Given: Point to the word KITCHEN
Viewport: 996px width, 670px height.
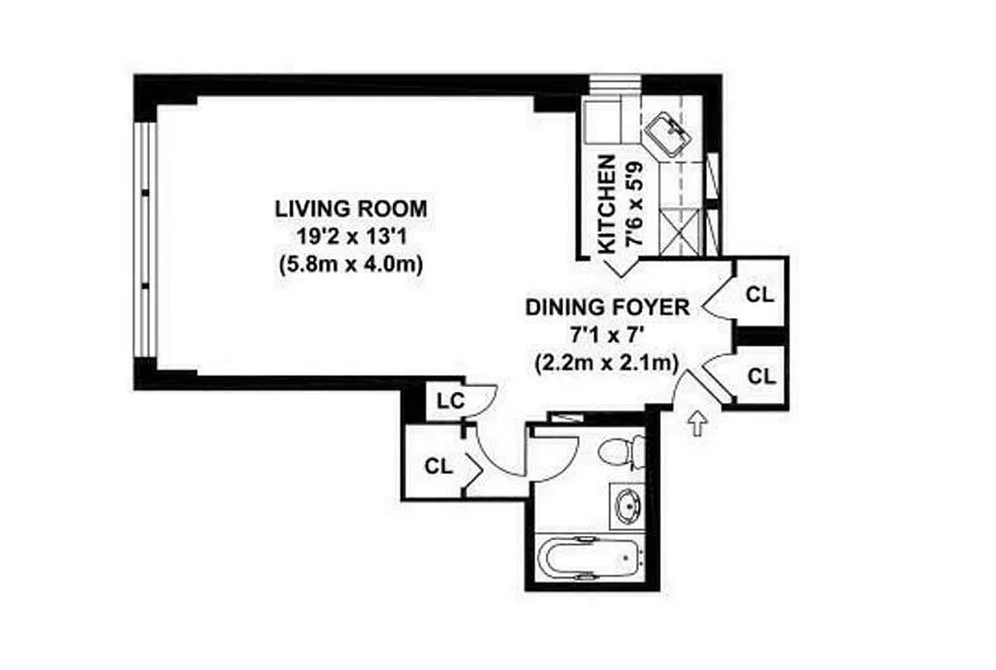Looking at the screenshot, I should point(608,203).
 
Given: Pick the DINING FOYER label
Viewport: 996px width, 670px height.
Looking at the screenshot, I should point(607,307).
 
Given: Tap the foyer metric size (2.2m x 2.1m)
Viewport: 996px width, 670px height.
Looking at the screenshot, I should point(607,363).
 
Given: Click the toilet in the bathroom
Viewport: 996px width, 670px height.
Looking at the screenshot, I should point(622,453).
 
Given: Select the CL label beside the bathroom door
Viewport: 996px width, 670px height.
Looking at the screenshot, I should point(438,466).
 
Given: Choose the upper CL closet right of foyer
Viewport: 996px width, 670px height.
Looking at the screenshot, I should point(761,294).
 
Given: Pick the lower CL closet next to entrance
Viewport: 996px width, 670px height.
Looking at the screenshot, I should point(761,376).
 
